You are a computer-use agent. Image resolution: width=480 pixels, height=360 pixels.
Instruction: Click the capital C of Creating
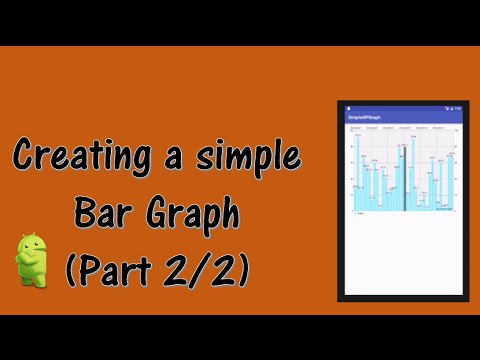(x=24, y=158)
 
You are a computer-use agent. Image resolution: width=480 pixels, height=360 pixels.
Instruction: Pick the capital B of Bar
(x=84, y=213)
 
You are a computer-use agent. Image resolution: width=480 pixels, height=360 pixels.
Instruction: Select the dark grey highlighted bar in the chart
(x=404, y=176)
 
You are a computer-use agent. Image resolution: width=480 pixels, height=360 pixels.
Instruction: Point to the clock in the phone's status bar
(x=457, y=108)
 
